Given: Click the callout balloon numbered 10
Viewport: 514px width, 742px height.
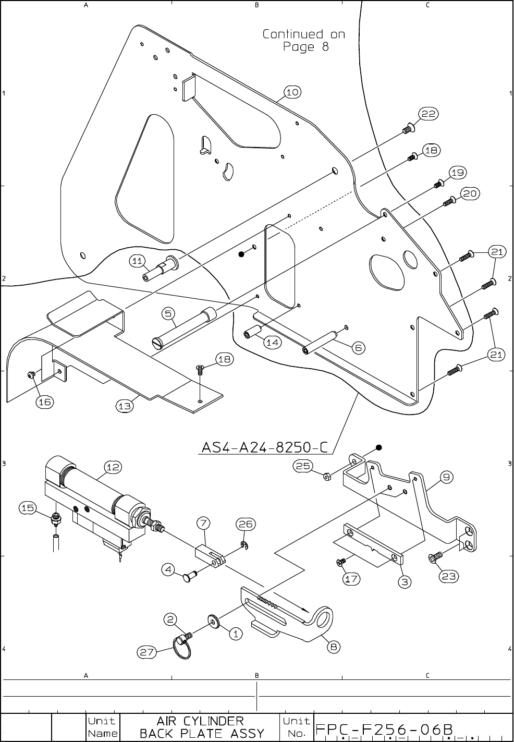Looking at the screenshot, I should pos(292,92).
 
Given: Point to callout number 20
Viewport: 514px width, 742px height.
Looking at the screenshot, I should pos(469,193).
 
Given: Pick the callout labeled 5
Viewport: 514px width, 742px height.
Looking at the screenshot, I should pos(168,313).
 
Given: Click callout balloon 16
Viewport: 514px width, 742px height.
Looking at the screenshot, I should pos(45,402).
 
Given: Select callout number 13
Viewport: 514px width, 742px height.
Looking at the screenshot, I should pos(124,406).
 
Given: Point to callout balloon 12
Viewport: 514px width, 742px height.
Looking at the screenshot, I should pos(113,467).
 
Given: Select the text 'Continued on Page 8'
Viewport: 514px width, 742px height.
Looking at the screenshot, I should pos(303,41).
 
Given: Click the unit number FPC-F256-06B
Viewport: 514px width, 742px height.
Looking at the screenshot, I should pos(383,728).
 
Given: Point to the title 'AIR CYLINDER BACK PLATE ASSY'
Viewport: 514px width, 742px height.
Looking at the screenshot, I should pos(200,727).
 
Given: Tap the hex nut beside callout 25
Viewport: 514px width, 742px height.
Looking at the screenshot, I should pos(327,476).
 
